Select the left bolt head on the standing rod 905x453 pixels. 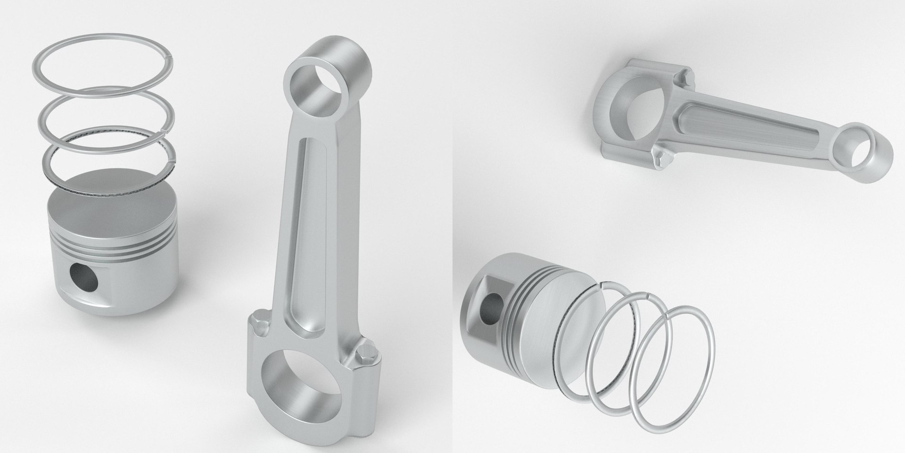click(258, 326)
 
